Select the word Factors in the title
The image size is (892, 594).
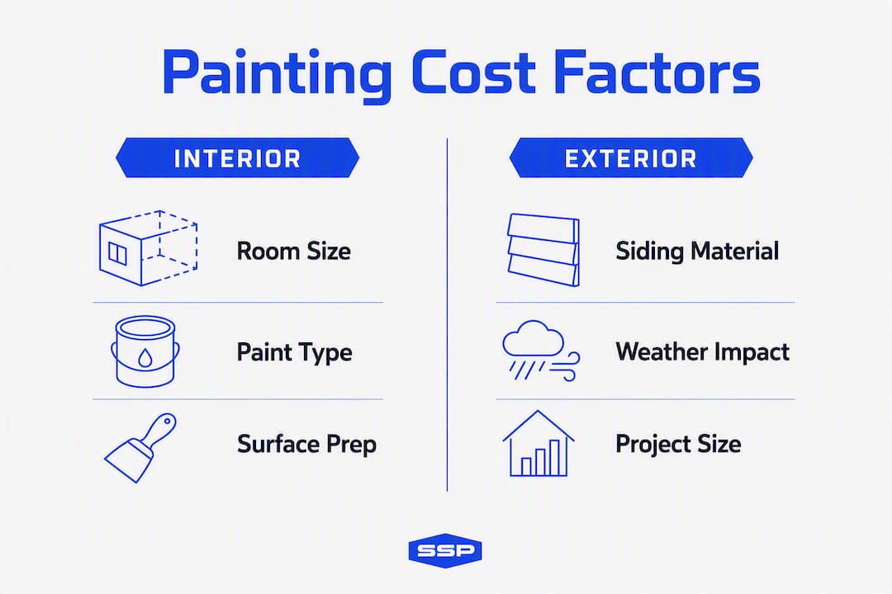pyautogui.click(x=657, y=73)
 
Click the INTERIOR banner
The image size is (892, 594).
pyautogui.click(x=237, y=158)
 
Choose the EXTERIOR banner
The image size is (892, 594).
pyautogui.click(x=631, y=158)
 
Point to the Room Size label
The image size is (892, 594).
pyautogui.click(x=293, y=252)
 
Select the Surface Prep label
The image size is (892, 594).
pyautogui.click(x=306, y=445)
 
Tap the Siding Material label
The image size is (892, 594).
pyautogui.click(x=697, y=252)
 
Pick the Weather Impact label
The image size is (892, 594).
pyautogui.click(x=702, y=351)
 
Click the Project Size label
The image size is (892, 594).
pyautogui.click(x=678, y=444)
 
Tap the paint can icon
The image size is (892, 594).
pyautogui.click(x=145, y=351)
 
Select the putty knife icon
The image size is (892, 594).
pyautogui.click(x=140, y=448)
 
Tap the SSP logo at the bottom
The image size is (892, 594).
pyautogui.click(x=445, y=550)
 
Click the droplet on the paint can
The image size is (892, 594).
pyautogui.click(x=145, y=357)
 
